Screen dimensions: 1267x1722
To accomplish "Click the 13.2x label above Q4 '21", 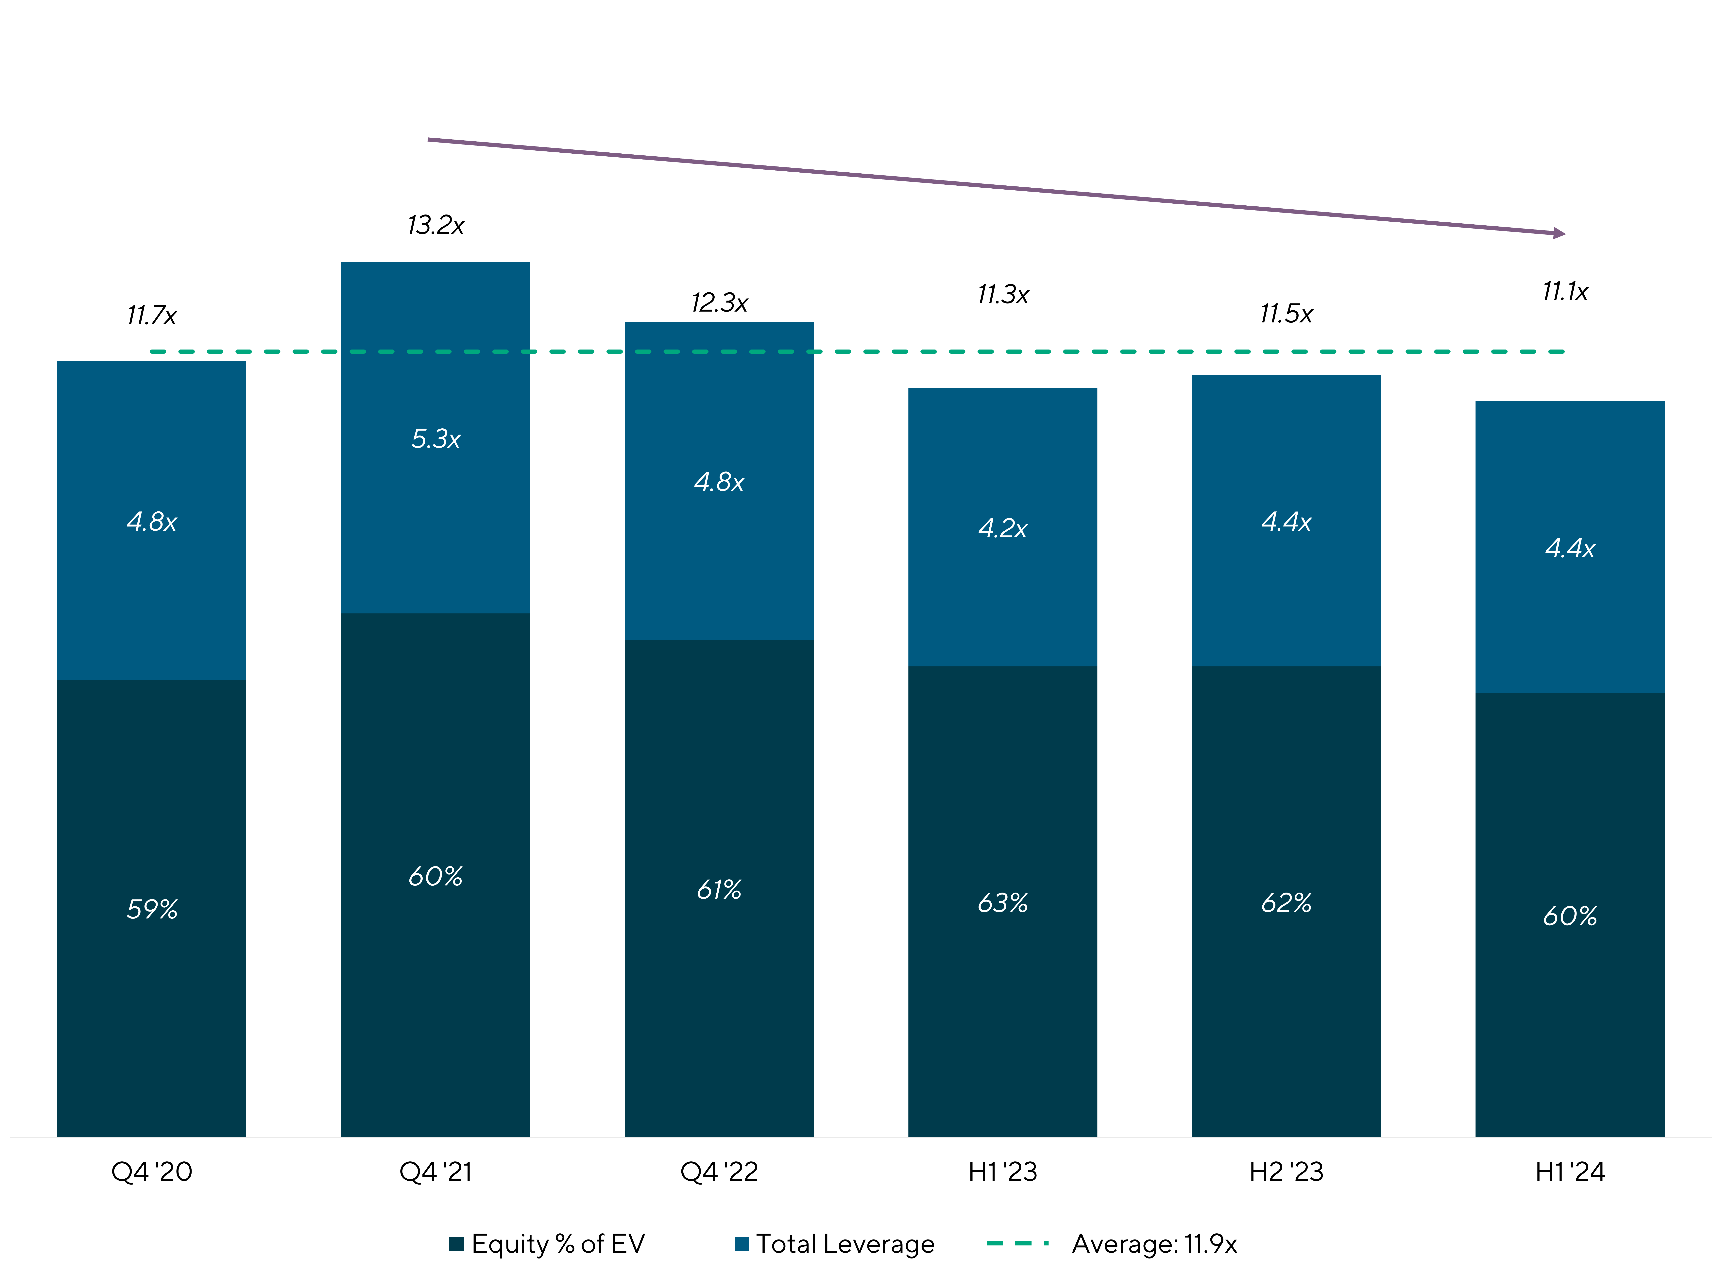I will [435, 226].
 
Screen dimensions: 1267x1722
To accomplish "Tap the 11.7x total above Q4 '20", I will [152, 315].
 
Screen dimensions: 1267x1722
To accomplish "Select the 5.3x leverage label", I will [435, 439].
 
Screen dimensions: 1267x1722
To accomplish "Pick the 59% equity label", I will [152, 910].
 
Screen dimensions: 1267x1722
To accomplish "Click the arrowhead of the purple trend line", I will [1560, 233].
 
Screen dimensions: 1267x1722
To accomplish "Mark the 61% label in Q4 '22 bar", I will [719, 890].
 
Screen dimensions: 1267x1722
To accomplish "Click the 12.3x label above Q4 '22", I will [719, 303].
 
